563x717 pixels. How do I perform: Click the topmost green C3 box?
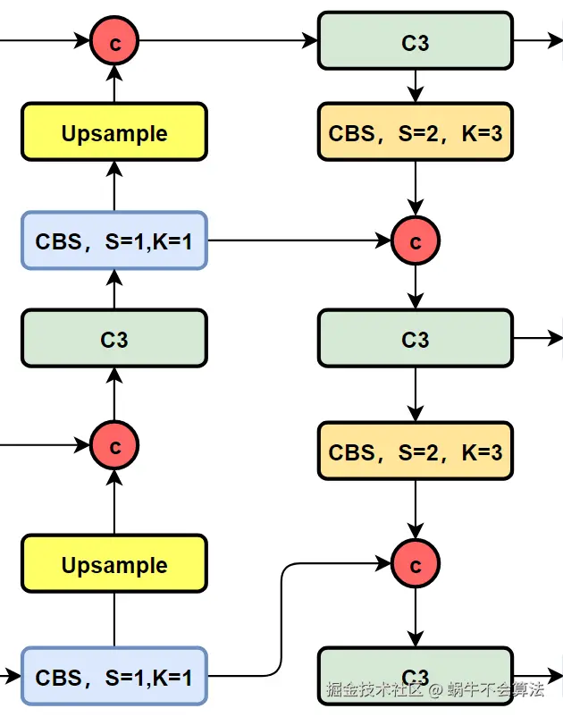[x=416, y=42]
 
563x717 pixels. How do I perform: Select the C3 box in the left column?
[x=114, y=339]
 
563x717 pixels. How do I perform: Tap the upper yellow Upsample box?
[x=114, y=133]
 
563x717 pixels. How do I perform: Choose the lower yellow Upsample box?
[x=114, y=565]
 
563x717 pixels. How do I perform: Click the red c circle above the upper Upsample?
[x=114, y=42]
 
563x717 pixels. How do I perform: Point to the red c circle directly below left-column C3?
[x=114, y=444]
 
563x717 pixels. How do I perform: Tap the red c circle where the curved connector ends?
[x=416, y=565]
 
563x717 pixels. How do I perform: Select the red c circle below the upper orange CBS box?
[x=416, y=240]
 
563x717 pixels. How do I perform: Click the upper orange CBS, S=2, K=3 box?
[x=416, y=133]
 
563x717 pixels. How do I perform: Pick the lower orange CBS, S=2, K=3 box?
[x=416, y=452]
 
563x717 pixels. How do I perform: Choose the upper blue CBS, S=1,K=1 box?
[x=114, y=240]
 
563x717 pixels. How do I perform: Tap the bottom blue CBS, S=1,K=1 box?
[x=114, y=677]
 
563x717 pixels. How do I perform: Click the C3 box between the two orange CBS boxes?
[x=416, y=339]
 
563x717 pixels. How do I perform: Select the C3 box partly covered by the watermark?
[x=416, y=676]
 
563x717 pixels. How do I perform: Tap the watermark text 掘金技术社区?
[x=374, y=690]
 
